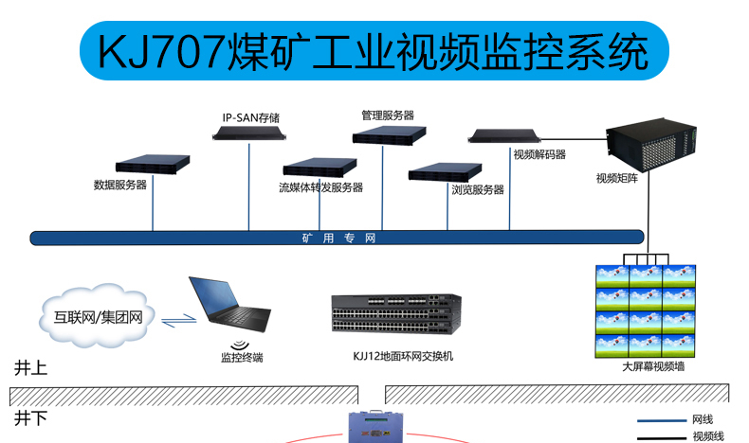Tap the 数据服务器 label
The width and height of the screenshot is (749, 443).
[x=120, y=185]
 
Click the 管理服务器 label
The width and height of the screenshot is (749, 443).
[x=387, y=115]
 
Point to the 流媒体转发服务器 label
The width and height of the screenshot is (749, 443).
[x=320, y=187]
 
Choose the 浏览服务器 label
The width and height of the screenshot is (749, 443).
[x=478, y=189]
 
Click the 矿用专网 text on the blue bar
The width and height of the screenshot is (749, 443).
[x=333, y=239]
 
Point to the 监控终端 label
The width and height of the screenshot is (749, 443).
[x=242, y=358]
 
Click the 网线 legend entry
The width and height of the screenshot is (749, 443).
[x=703, y=419]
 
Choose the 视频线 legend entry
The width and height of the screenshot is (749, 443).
[x=708, y=436]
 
